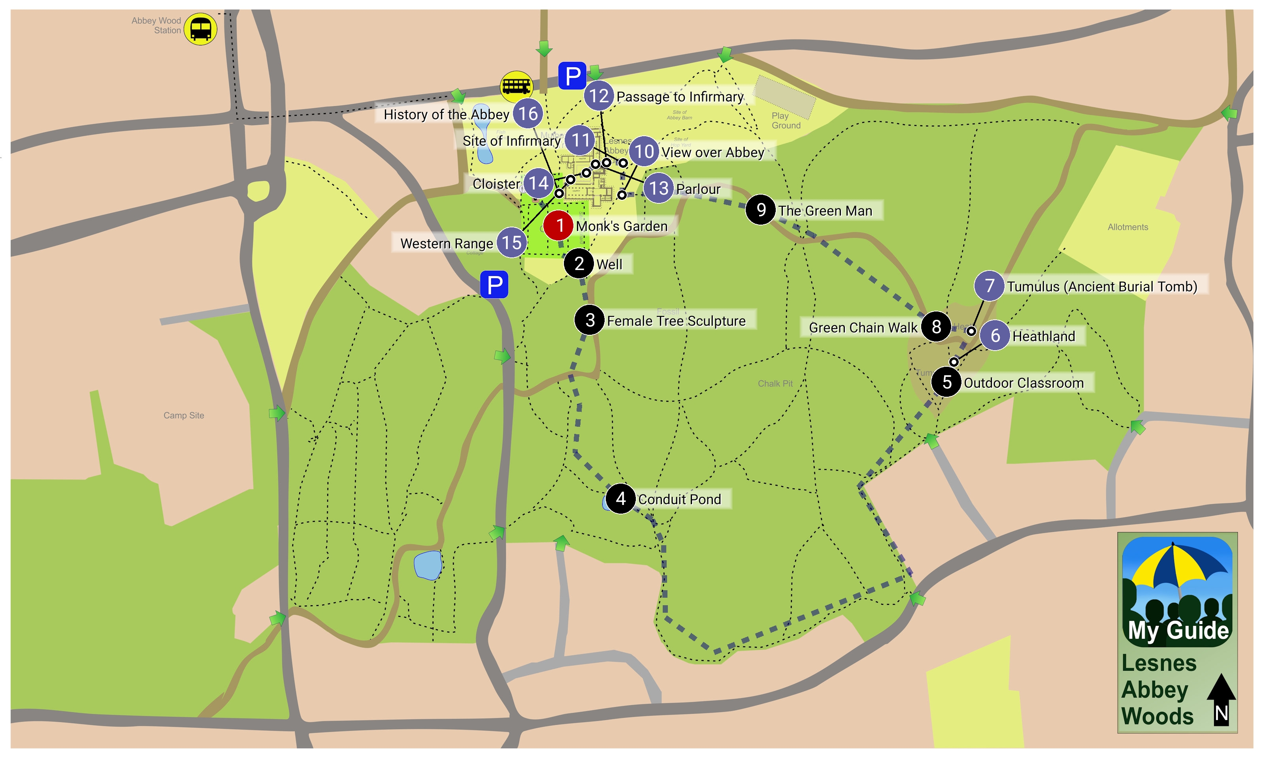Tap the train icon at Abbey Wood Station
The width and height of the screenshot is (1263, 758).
(200, 29)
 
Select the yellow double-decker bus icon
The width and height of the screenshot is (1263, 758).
(516, 86)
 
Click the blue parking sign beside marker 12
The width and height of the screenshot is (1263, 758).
(572, 76)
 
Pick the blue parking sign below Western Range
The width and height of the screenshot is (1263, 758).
(494, 285)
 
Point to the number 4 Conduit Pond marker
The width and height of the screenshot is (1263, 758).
(620, 499)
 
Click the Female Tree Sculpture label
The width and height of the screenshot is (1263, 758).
(676, 321)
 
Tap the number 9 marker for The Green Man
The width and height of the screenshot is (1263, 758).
(761, 209)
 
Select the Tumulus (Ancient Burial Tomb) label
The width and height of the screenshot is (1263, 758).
(1101, 287)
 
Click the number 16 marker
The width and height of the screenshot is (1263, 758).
(528, 113)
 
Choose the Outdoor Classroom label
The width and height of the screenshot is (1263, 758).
(1023, 383)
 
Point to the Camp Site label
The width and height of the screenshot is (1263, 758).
(183, 416)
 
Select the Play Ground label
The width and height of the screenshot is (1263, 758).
(786, 120)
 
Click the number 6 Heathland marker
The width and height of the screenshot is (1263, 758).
(995, 336)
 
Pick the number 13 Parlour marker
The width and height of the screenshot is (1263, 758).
(658, 188)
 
